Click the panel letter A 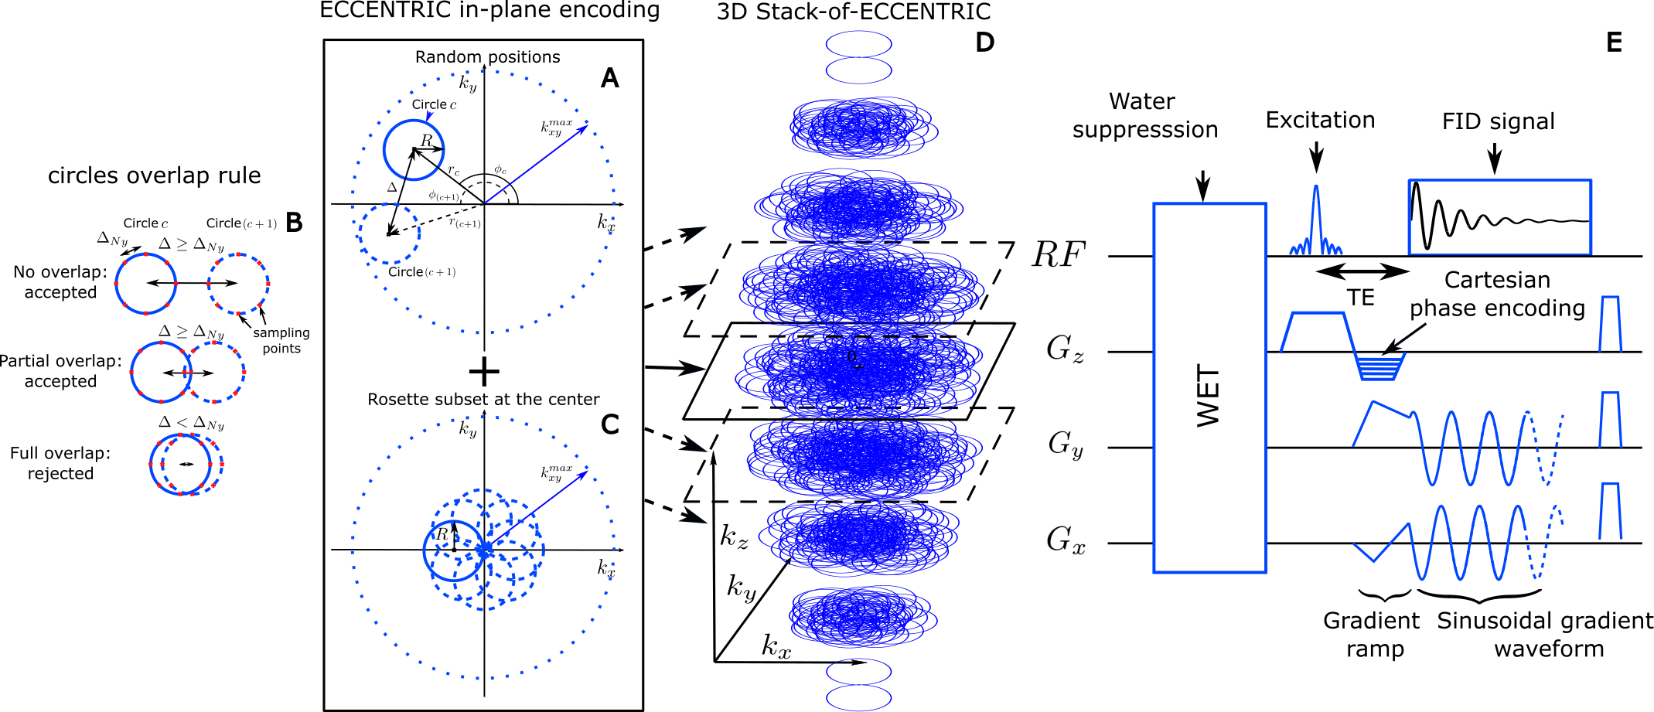(610, 78)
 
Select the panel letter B (294, 223)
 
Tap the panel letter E (1614, 43)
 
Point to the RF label (1059, 255)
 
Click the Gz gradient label (1065, 349)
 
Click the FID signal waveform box (1499, 217)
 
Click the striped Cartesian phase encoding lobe (1381, 366)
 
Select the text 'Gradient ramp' (1373, 635)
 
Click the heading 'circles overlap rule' (154, 175)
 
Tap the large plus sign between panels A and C (484, 372)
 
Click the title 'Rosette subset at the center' (483, 400)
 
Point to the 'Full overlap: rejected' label (60, 463)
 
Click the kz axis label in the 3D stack (734, 537)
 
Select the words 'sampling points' (281, 340)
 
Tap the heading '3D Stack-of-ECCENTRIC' (853, 12)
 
